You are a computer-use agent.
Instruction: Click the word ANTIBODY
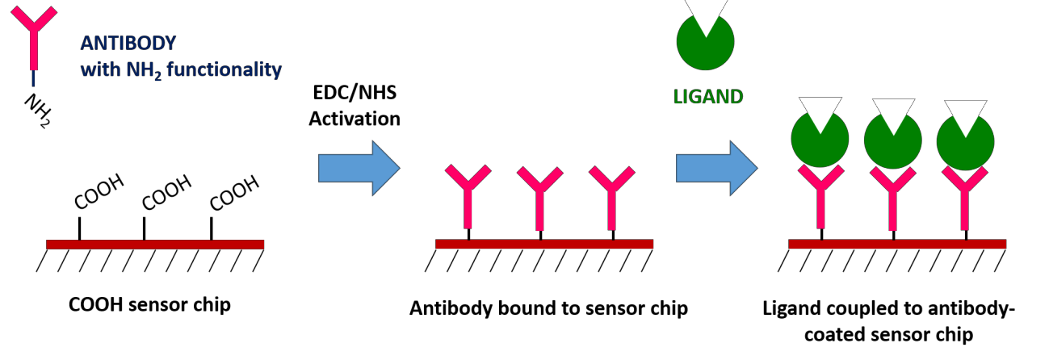pyautogui.click(x=128, y=44)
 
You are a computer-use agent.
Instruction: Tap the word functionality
pyautogui.click(x=224, y=70)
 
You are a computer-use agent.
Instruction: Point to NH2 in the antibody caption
pyautogui.click(x=144, y=71)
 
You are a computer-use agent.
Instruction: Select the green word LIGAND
pyautogui.click(x=708, y=98)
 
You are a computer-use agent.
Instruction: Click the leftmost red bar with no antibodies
pyautogui.click(x=155, y=245)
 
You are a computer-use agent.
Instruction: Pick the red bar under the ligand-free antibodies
pyautogui.click(x=544, y=244)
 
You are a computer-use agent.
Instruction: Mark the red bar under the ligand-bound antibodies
pyautogui.click(x=897, y=244)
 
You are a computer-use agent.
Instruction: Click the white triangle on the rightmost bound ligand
pyautogui.click(x=965, y=114)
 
